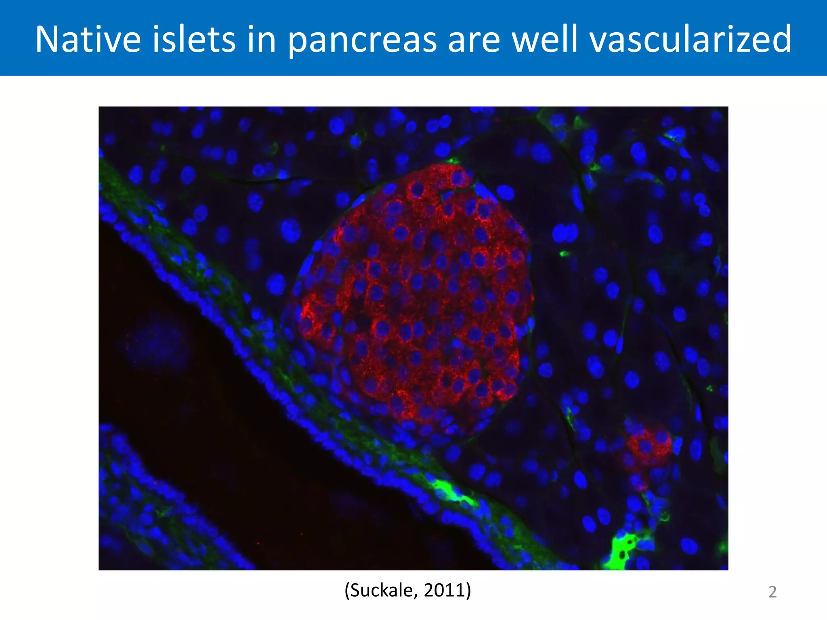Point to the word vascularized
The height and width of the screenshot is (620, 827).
[x=691, y=39]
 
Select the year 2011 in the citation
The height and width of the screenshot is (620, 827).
[x=445, y=591]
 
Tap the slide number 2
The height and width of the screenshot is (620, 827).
[x=772, y=592]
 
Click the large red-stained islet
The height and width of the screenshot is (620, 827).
[x=416, y=299]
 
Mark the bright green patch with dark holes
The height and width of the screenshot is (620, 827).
[x=622, y=551]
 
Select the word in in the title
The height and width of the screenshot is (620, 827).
[x=261, y=39]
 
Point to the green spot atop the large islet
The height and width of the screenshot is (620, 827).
[x=452, y=161]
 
